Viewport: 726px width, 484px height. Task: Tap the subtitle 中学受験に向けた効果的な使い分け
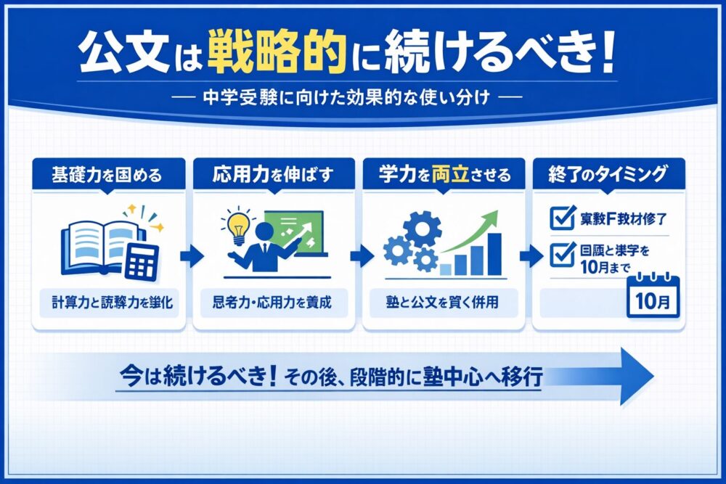pyautogui.click(x=363, y=97)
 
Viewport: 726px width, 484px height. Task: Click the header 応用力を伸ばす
pyautogui.click(x=274, y=175)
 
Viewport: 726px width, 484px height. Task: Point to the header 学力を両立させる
pyautogui.click(x=444, y=175)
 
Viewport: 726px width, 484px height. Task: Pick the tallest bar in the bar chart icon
pyautogui.click(x=494, y=253)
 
